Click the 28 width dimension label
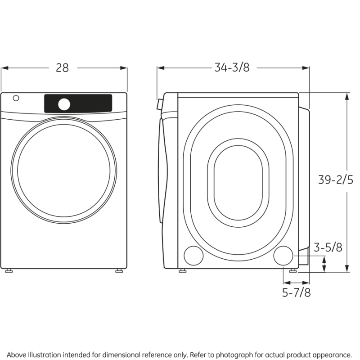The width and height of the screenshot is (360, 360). (63, 67)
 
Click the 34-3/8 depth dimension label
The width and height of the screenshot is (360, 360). (232, 67)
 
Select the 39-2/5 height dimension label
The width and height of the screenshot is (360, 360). (335, 180)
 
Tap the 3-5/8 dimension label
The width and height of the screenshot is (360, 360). (328, 247)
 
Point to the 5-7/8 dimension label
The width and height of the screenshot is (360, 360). (296, 292)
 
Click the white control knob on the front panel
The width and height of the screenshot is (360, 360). (64, 104)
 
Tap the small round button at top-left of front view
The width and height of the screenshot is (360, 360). (17, 98)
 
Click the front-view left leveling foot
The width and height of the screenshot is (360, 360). (8, 271)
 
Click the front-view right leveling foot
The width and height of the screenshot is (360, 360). (119, 271)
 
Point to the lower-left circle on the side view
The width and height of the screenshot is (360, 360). (193, 255)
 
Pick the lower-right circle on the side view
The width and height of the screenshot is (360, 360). (283, 255)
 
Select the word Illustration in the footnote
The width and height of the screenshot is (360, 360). (44, 355)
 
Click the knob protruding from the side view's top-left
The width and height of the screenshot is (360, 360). (158, 105)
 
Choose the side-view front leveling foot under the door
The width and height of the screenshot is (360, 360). (182, 271)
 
